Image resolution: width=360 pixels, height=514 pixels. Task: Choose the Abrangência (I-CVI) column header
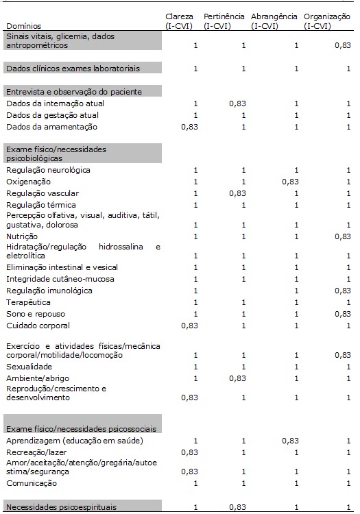tap(274, 21)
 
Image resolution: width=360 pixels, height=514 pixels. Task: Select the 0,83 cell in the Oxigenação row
tap(289, 182)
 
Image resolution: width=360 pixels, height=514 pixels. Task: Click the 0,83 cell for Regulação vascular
tap(238, 193)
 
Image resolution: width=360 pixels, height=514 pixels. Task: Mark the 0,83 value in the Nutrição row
tap(341, 236)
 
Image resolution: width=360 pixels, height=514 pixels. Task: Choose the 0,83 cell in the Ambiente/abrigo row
tap(238, 378)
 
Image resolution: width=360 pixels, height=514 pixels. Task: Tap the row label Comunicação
tap(32, 483)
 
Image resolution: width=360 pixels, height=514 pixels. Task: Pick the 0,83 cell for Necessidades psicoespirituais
tap(238, 506)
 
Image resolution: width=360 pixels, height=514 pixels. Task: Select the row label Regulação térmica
tap(41, 205)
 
